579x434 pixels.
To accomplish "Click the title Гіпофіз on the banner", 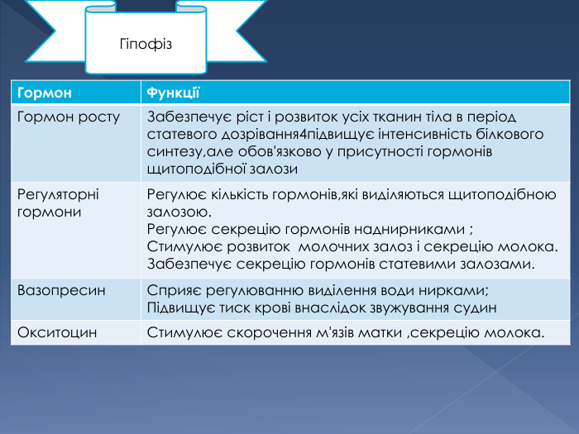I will coord(146,42).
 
